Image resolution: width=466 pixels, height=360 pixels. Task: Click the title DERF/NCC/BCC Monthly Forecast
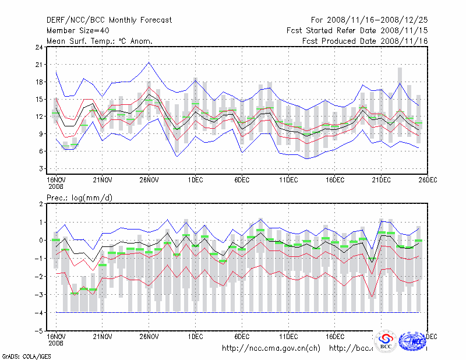point(109,20)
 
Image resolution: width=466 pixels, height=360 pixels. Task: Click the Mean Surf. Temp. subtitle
point(99,41)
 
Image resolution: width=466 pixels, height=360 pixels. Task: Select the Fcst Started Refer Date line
point(357,30)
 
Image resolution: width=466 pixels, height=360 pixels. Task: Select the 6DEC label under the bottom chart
point(242,336)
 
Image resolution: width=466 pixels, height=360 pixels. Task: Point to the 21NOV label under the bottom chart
point(103,336)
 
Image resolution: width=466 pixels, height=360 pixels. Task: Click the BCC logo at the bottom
point(386,341)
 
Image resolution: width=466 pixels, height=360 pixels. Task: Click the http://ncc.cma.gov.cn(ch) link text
point(271,348)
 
